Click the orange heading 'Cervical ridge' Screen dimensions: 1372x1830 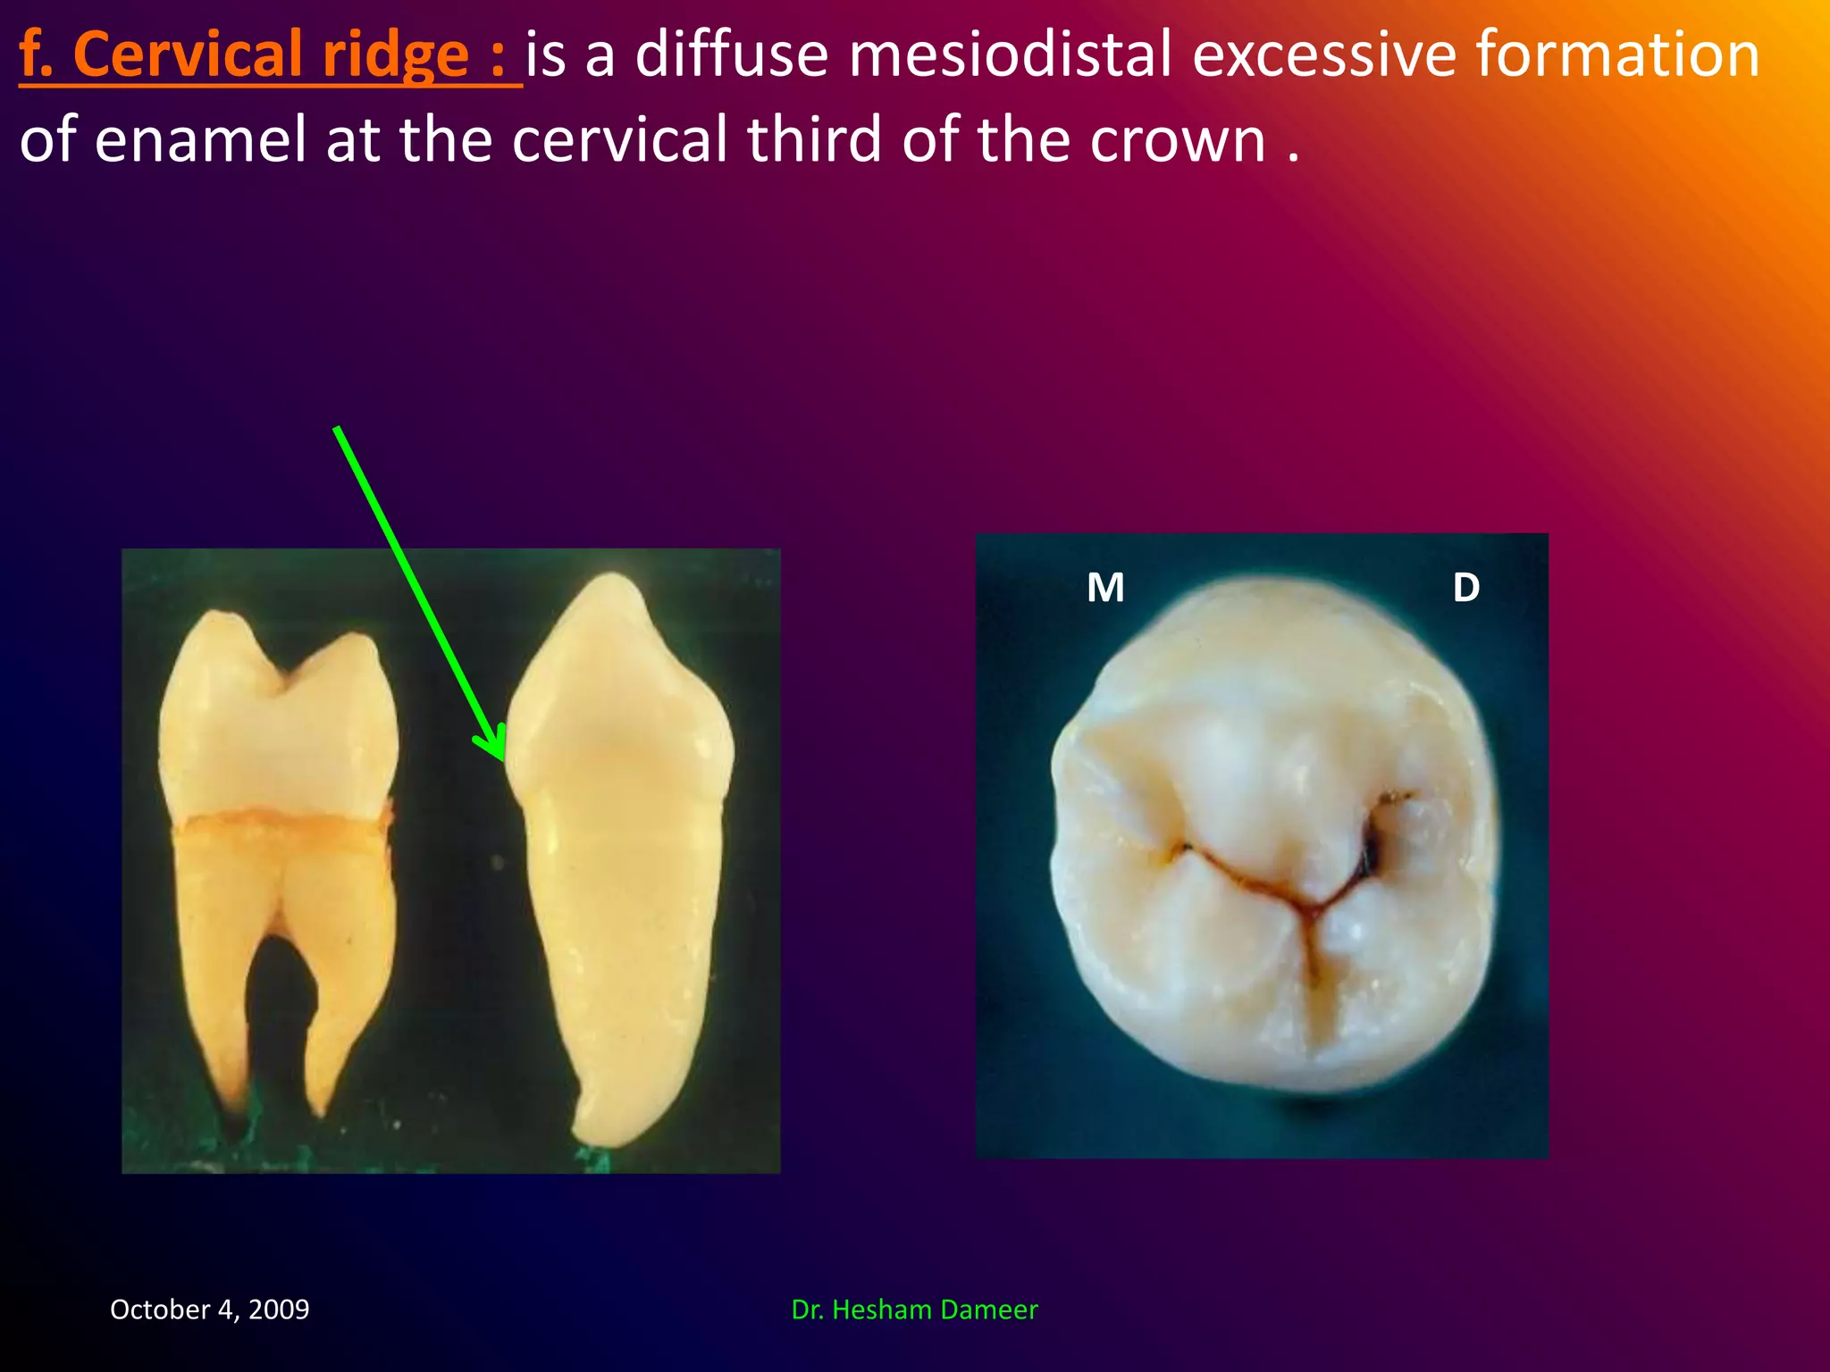point(268,55)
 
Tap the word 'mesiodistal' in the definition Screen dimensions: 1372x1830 point(1009,55)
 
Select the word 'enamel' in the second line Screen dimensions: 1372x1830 point(200,141)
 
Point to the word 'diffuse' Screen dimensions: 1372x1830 point(732,55)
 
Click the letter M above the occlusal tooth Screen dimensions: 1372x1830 point(1105,588)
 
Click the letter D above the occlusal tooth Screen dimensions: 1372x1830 point(1465,588)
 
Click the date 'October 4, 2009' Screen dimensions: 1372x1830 point(209,1309)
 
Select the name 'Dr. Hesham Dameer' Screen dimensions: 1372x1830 point(914,1309)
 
